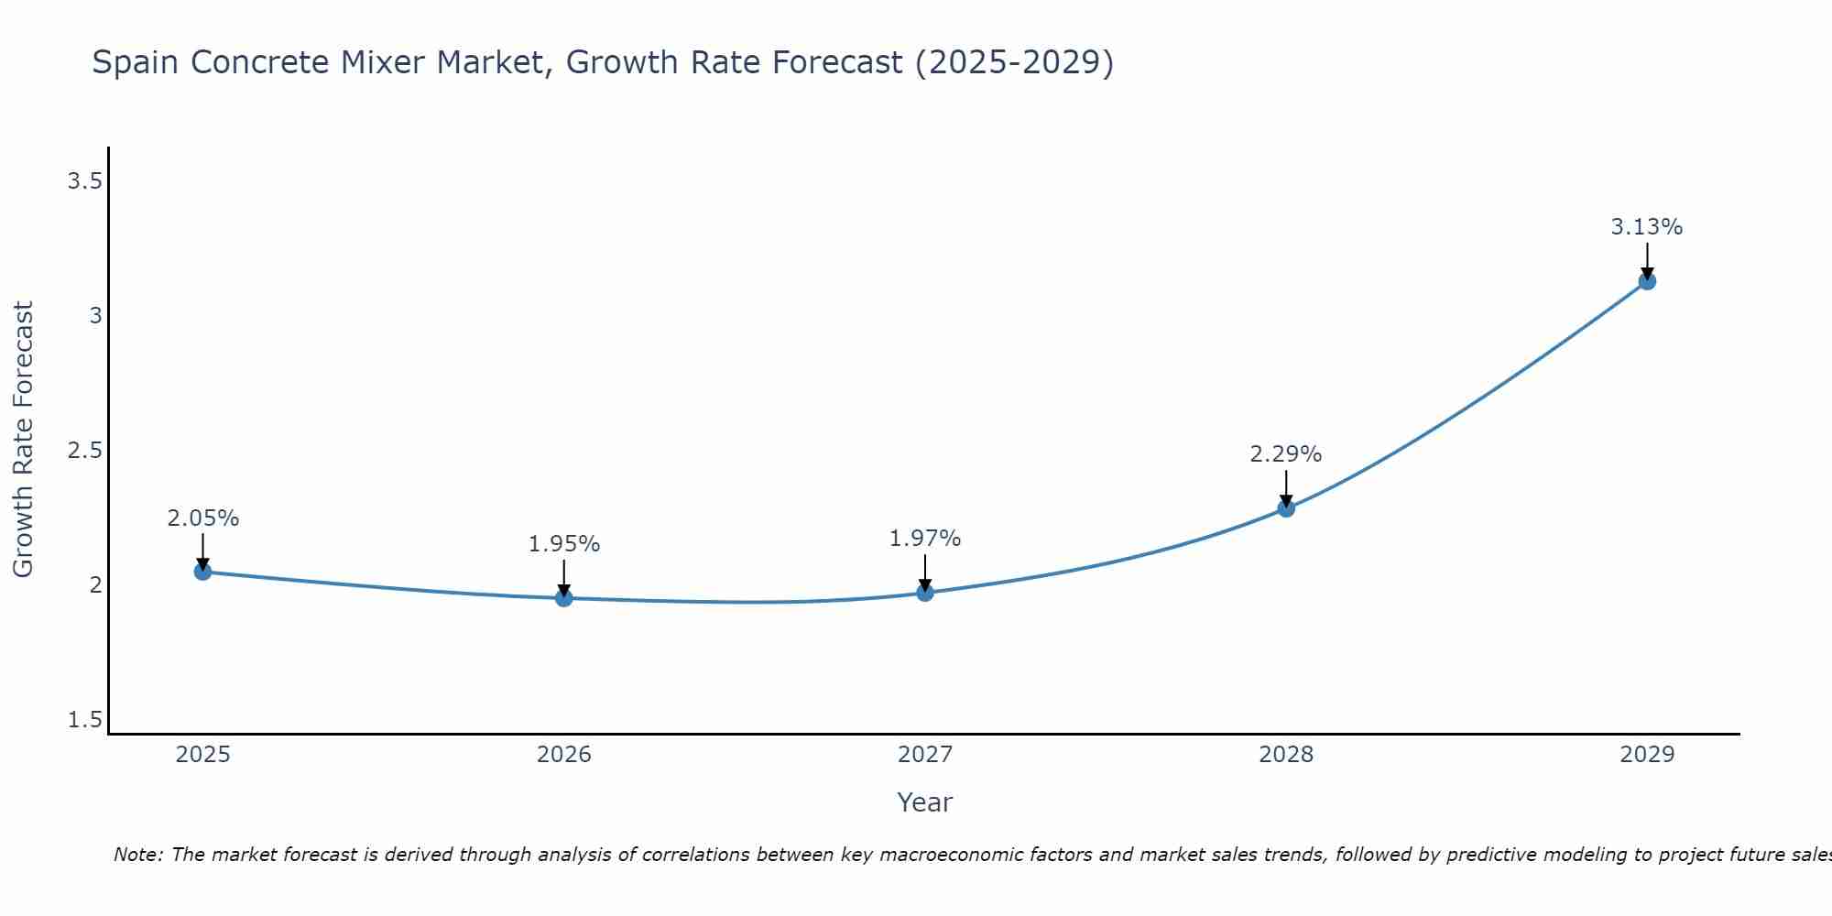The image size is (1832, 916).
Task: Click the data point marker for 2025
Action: (202, 572)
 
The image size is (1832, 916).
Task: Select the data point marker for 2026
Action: (564, 598)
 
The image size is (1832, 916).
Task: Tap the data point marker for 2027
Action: (925, 593)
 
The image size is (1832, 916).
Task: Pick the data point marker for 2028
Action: (1286, 508)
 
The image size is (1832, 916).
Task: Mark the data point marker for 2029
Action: (1647, 281)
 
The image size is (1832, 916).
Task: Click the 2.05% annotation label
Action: (202, 518)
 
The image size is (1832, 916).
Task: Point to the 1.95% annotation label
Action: (564, 544)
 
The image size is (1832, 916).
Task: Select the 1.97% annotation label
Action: (925, 539)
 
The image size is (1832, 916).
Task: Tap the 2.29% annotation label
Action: (1286, 454)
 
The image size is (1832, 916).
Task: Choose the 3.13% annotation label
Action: (1647, 227)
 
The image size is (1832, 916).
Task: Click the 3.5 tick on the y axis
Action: (84, 181)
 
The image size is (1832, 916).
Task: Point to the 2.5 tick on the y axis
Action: (84, 451)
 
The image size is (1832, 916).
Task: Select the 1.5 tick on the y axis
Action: (84, 720)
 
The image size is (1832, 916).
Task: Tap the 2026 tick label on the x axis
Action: (564, 755)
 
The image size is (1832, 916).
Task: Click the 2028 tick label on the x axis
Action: (1286, 755)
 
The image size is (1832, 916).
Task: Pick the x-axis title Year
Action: (925, 802)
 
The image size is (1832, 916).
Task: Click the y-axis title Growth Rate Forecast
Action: (23, 440)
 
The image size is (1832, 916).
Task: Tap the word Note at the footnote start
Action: (137, 855)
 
